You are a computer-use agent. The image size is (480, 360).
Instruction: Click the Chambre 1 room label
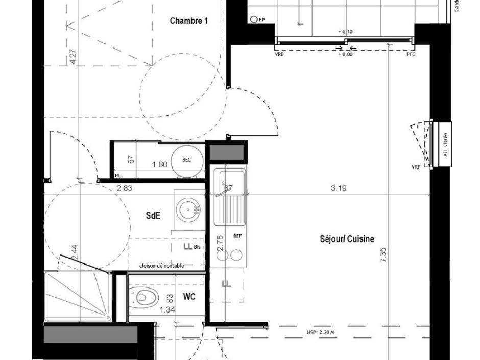tap(189, 21)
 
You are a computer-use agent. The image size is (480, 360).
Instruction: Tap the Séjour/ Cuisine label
tap(347, 238)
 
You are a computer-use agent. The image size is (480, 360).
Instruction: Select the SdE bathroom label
tap(153, 216)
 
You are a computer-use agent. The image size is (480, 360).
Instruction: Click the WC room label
tap(189, 296)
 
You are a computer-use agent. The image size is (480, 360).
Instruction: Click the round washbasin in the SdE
tap(189, 209)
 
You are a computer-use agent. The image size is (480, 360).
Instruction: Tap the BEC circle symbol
tap(186, 160)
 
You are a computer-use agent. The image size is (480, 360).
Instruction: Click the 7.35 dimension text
tap(383, 255)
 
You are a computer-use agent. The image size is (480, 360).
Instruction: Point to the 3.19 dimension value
tap(339, 188)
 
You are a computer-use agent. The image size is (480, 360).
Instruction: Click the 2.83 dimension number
tap(124, 188)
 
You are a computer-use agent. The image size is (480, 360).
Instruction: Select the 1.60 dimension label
tap(160, 165)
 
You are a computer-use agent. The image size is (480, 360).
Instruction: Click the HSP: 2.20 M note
tap(321, 333)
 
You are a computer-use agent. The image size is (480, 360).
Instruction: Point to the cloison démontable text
tap(161, 266)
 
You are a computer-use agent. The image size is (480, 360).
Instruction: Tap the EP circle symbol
tap(254, 20)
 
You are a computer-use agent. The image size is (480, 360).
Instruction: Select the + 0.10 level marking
tap(345, 32)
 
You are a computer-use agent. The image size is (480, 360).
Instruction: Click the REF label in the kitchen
tap(237, 236)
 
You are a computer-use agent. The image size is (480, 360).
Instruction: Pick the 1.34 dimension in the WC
tap(167, 309)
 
